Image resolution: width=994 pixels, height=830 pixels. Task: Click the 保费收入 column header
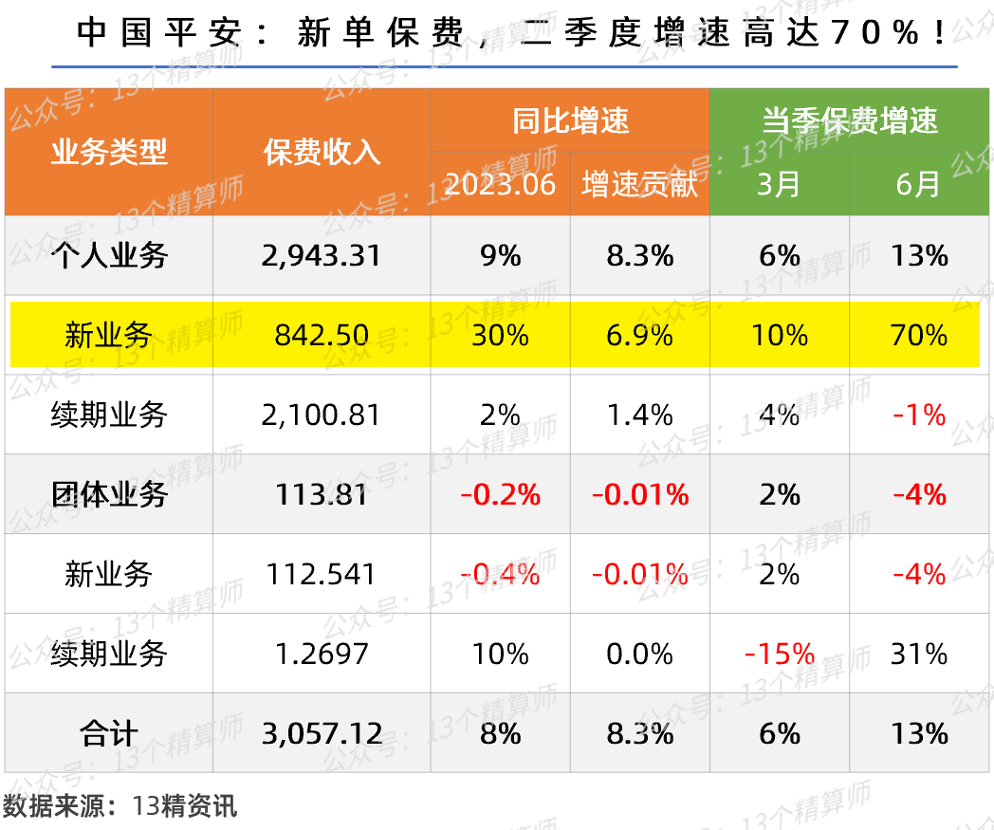click(x=322, y=152)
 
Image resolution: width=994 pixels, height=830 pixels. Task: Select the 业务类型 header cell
click(x=108, y=152)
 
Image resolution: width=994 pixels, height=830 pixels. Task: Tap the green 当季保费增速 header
click(x=849, y=120)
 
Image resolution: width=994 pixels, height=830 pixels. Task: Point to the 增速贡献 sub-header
click(x=639, y=184)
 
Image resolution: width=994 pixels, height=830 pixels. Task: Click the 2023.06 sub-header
click(x=500, y=184)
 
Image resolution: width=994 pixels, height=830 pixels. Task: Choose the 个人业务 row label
click(x=108, y=255)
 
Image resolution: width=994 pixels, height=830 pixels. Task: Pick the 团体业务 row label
click(x=108, y=494)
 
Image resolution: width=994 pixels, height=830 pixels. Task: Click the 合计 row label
click(x=108, y=733)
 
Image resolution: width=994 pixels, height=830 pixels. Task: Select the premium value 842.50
click(x=322, y=335)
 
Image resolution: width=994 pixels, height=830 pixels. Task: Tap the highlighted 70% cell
click(x=919, y=335)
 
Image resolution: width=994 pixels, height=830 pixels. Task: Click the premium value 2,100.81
click(x=322, y=415)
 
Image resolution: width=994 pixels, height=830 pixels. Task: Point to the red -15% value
click(x=779, y=654)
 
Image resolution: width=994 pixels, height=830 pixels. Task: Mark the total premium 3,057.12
click(x=322, y=733)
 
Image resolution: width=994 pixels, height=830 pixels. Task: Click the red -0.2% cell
click(x=500, y=494)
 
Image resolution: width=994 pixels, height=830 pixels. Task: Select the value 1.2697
click(x=322, y=654)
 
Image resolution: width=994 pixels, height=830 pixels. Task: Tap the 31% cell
click(x=919, y=654)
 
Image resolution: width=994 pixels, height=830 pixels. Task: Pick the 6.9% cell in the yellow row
click(x=639, y=335)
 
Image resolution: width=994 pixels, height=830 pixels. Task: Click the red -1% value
click(x=919, y=415)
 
